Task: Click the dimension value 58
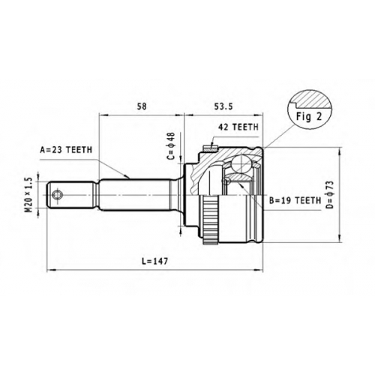(141, 106)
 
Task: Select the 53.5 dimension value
(223, 106)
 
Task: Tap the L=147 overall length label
(155, 261)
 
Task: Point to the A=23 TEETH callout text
(66, 150)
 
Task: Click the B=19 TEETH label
(295, 200)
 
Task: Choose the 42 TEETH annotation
(238, 127)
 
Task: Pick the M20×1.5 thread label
(28, 195)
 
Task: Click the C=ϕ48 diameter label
(171, 146)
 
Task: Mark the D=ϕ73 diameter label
(330, 194)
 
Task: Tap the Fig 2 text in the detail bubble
(309, 116)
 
